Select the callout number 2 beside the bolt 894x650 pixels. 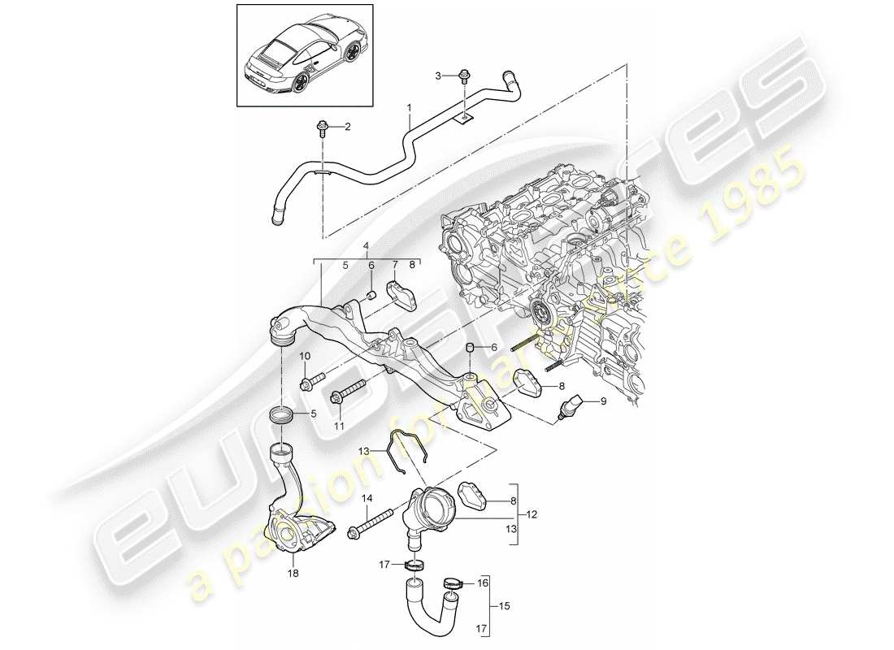(348, 127)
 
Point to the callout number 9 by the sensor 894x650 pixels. (603, 401)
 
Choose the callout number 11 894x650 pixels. (339, 426)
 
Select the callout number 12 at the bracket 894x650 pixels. (532, 514)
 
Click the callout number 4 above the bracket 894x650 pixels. (367, 245)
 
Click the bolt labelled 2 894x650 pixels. (323, 128)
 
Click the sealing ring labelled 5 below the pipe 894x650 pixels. (283, 417)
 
